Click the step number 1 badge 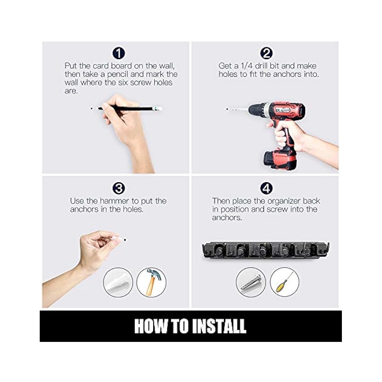click(119, 53)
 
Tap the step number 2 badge click(266, 53)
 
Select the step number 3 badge click(119, 188)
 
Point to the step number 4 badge click(266, 188)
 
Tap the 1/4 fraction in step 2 click(246, 66)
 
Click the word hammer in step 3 click(114, 201)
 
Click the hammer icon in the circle click(152, 282)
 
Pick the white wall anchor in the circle click(118, 282)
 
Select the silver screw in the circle click(251, 283)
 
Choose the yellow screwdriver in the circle click(284, 282)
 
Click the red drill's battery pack click(280, 160)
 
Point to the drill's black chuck click(256, 110)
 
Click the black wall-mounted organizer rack click(265, 250)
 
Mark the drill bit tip click(227, 109)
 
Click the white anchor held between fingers click(119, 238)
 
